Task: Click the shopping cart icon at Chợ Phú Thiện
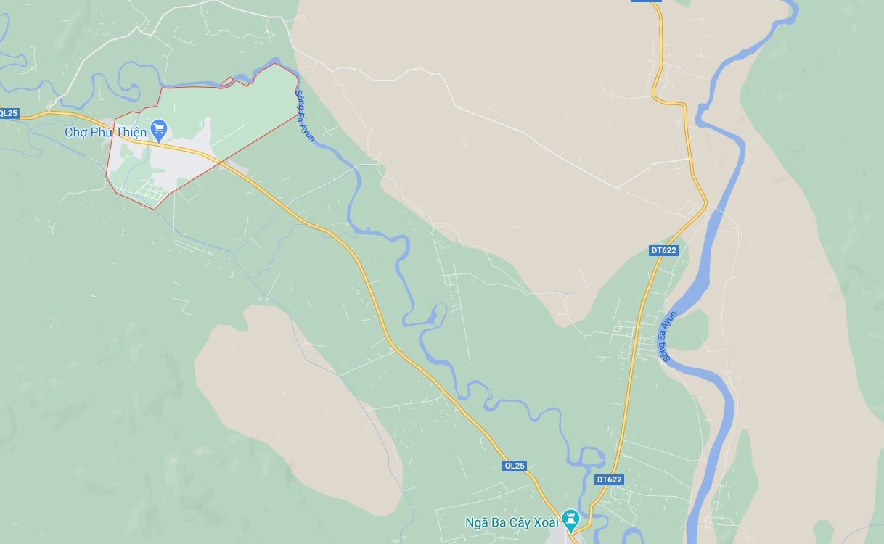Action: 159,131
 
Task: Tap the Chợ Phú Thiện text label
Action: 105,132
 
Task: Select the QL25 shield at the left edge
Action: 9,113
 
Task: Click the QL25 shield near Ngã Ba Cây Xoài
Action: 514,466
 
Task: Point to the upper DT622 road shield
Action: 663,250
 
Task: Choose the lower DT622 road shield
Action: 609,479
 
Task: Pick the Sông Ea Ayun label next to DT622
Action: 668,336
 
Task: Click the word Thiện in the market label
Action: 130,132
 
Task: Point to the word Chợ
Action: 75,132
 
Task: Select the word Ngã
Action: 477,522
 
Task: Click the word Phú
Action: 100,132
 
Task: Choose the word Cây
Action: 516,522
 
